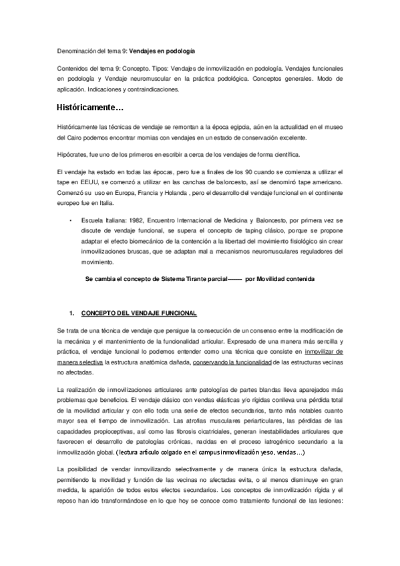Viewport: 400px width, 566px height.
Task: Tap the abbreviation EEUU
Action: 87,182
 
